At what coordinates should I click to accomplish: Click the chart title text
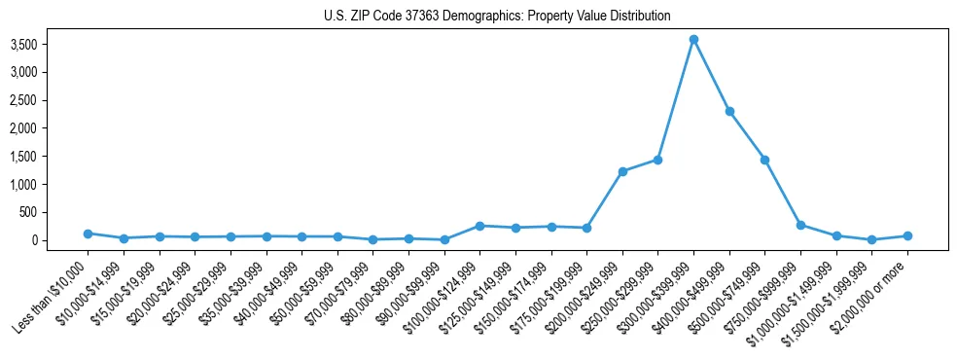497,17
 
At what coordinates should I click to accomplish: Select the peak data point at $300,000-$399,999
693,40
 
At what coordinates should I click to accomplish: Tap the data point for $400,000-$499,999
729,111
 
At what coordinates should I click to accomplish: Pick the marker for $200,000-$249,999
622,171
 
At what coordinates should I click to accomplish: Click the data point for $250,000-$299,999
657,160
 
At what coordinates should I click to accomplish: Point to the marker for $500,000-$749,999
764,160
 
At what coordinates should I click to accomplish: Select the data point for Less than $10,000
88,234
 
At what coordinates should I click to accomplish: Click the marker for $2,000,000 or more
907,235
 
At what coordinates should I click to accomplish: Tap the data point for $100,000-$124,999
479,226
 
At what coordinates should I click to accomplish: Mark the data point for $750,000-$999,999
800,225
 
